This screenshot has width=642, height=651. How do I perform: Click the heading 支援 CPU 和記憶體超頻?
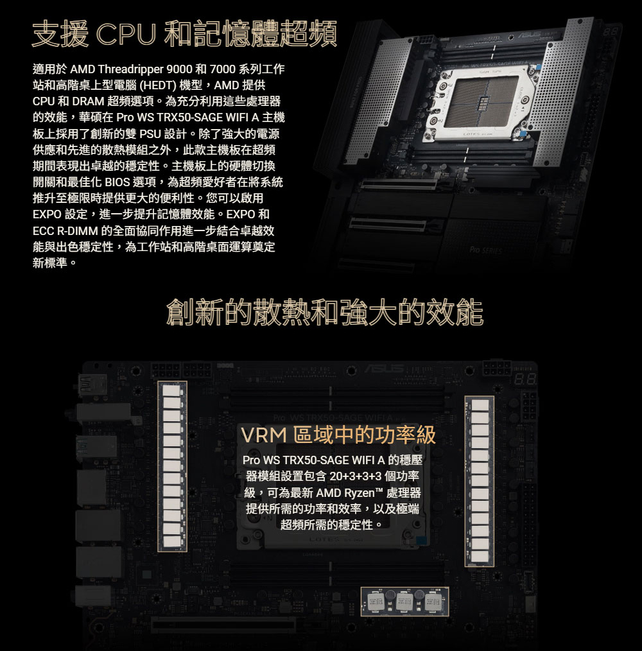(184, 33)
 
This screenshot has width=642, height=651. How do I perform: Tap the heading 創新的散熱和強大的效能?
(324, 311)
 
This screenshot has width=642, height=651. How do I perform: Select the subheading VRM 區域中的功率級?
(338, 435)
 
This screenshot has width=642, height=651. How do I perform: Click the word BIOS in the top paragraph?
(117, 182)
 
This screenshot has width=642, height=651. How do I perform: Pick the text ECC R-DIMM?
(65, 231)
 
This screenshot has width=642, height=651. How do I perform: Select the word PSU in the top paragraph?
(150, 134)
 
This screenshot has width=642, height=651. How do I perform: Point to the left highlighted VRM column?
(172, 467)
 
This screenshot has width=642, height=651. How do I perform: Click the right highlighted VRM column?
(479, 482)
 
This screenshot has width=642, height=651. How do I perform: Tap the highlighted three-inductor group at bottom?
(404, 601)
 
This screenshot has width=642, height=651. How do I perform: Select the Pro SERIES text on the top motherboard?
(485, 250)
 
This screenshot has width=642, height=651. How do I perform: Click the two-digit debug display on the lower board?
(524, 379)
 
